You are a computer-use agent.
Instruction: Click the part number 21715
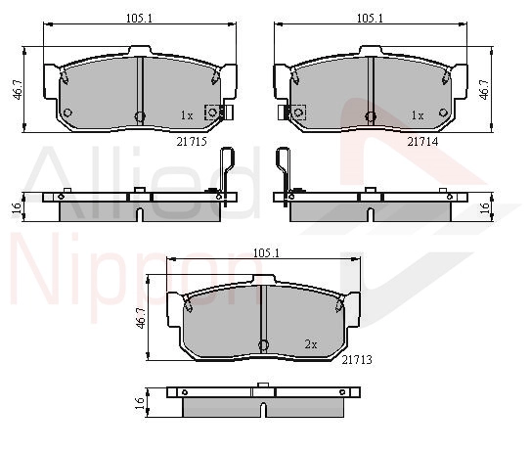[x=192, y=142]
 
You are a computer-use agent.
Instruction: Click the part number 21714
[x=422, y=142]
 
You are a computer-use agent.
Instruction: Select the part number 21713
[x=357, y=360]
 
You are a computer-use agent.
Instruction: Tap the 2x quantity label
[x=311, y=344]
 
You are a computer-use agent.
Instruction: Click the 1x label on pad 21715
[x=187, y=115]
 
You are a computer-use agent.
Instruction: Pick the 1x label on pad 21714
[x=418, y=115]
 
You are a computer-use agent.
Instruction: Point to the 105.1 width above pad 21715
[x=139, y=18]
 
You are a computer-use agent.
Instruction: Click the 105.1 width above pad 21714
[x=371, y=18]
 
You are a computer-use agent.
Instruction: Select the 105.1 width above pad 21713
[x=266, y=252]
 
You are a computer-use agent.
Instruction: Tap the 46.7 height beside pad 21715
[x=17, y=89]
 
